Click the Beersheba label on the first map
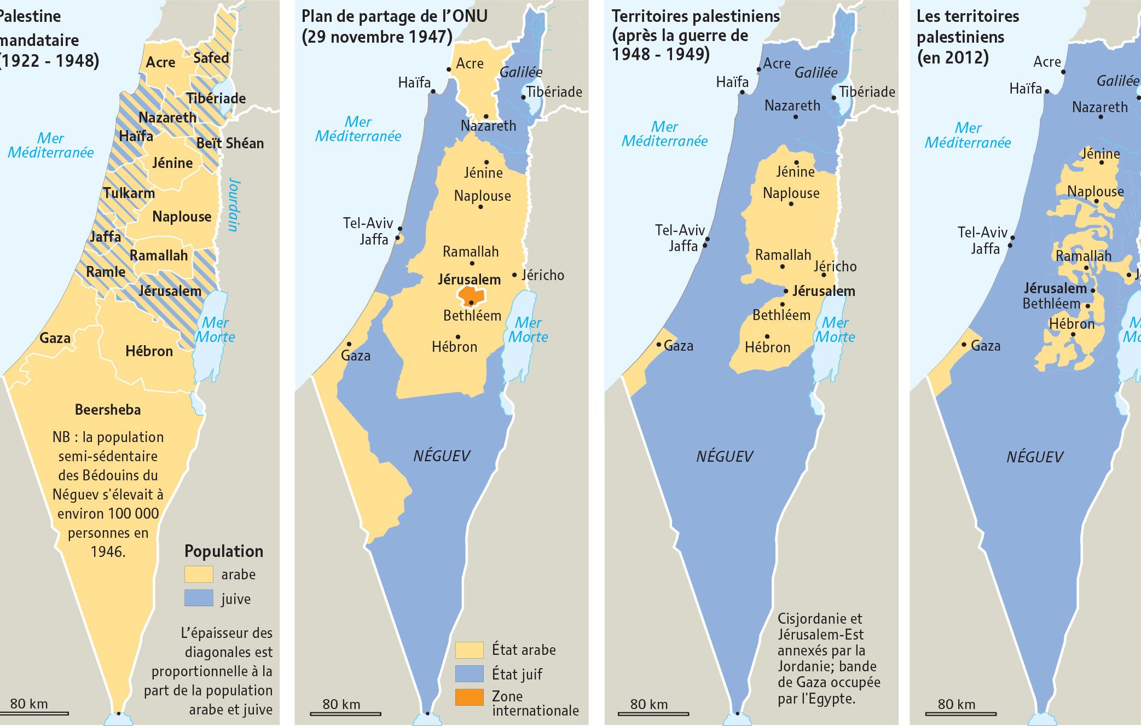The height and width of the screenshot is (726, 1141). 108,410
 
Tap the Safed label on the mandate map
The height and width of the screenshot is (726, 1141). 211,58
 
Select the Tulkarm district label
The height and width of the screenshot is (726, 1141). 129,193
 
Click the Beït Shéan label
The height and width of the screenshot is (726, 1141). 230,143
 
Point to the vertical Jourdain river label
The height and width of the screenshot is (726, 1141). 234,204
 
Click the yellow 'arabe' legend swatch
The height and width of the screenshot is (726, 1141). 198,574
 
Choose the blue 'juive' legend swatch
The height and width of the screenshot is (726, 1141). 198,598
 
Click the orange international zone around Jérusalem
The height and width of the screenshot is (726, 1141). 471,296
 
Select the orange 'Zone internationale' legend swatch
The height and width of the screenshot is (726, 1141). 469,697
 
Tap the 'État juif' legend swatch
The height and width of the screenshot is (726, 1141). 469,673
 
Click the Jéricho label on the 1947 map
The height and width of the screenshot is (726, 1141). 542,275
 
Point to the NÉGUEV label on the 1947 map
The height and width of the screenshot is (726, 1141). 442,456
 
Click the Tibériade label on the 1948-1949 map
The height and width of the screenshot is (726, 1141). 867,92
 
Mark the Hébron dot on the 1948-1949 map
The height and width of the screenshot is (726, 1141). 767,336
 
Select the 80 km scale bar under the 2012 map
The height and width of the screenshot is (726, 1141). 960,713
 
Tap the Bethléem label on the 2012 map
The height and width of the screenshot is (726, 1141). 1051,304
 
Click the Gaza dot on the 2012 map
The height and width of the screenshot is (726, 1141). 964,345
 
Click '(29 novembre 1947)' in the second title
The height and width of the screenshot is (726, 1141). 377,37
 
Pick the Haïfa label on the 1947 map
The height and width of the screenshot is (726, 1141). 414,83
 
